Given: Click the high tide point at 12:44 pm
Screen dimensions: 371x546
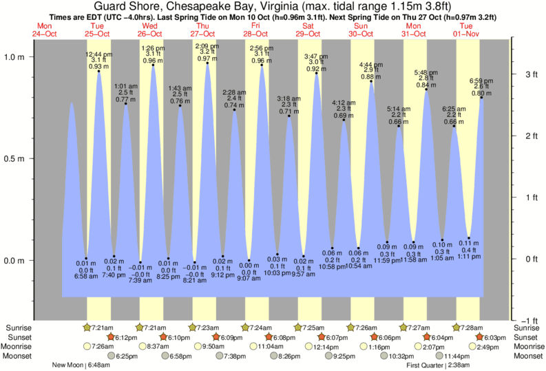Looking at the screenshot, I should pos(99,71).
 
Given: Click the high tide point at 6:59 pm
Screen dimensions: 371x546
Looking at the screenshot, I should pos(481,98).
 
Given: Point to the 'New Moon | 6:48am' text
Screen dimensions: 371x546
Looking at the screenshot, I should pos(86,365).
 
